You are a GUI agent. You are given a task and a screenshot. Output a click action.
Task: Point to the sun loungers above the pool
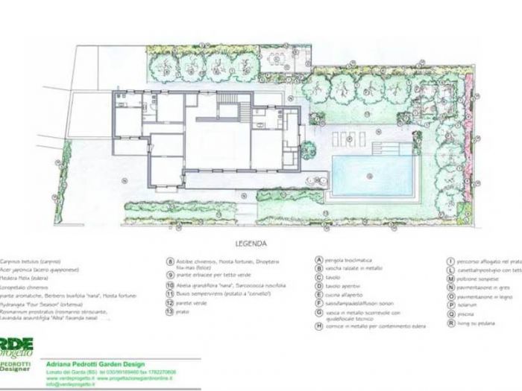click(x=348, y=137)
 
